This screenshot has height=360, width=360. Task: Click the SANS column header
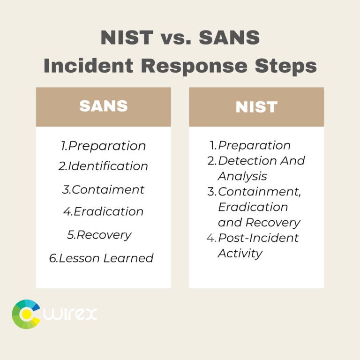[x=103, y=106]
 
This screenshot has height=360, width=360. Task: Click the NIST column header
[x=256, y=107]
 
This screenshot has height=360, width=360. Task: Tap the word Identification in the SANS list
[x=108, y=166]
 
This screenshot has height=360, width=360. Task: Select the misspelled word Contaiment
[x=108, y=189]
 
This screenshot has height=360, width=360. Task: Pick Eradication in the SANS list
[x=108, y=211]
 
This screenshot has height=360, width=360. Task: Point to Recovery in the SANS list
[x=104, y=235]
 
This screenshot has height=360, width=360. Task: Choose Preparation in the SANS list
[x=107, y=146]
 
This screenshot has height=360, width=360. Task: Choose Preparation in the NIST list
[x=254, y=145]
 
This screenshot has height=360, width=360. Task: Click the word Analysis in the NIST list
[x=242, y=176]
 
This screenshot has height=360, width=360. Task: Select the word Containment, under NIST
[x=259, y=191]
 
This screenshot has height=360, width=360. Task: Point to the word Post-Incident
[x=258, y=238]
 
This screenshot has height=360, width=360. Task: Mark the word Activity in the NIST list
[x=240, y=254]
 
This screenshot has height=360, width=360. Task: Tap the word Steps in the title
[x=286, y=66]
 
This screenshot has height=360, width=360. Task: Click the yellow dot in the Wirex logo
[x=27, y=314]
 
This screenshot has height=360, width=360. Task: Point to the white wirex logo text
[x=70, y=314]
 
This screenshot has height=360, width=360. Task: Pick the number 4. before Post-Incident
[x=211, y=238]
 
